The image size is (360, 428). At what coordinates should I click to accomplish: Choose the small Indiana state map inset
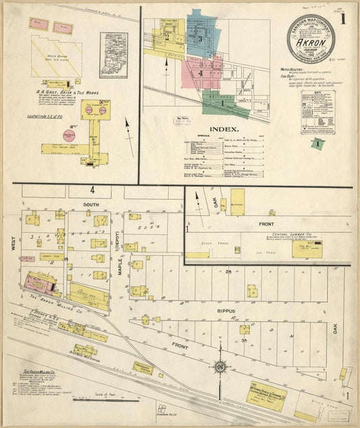pos(113,55)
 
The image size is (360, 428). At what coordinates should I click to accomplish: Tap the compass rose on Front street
pos(220,367)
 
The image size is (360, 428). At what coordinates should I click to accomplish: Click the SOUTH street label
pos(91,203)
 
